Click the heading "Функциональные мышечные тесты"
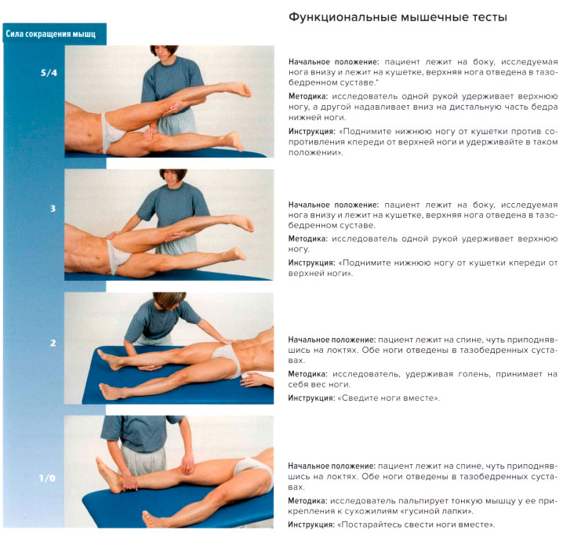[x=398, y=17]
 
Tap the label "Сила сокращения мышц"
[x=51, y=35]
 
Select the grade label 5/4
[x=49, y=73]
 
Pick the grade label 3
[x=53, y=209]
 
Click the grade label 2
[x=53, y=343]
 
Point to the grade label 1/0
[x=47, y=478]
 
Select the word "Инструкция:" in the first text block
[x=311, y=132]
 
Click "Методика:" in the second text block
[x=308, y=239]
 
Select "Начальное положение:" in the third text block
[x=332, y=340]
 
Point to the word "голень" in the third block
[x=474, y=374]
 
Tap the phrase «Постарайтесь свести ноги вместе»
[x=416, y=525]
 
